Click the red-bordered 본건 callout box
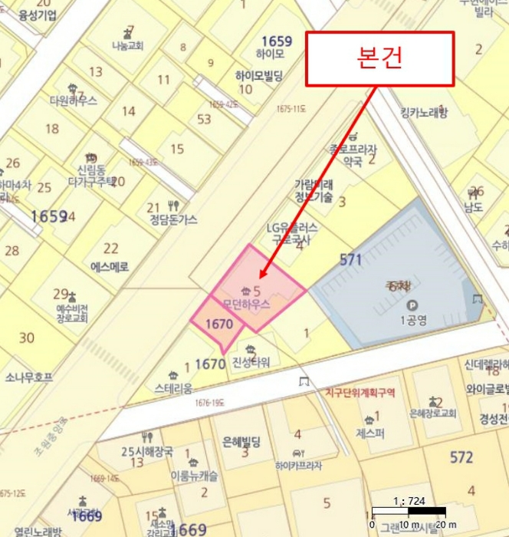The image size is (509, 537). click(380, 58)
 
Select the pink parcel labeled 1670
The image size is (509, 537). click(218, 324)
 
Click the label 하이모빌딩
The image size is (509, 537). click(259, 75)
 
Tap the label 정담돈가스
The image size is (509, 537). click(171, 219)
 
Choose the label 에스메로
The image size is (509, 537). click(110, 267)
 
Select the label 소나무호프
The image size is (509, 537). click(29, 377)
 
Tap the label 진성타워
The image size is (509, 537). click(251, 363)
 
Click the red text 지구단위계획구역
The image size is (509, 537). click(360, 393)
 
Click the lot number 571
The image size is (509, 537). click(350, 260)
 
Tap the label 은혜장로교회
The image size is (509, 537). click(433, 413)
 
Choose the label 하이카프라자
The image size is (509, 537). click(298, 465)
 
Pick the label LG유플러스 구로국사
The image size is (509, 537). click(292, 232)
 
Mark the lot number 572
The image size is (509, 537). click(461, 457)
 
